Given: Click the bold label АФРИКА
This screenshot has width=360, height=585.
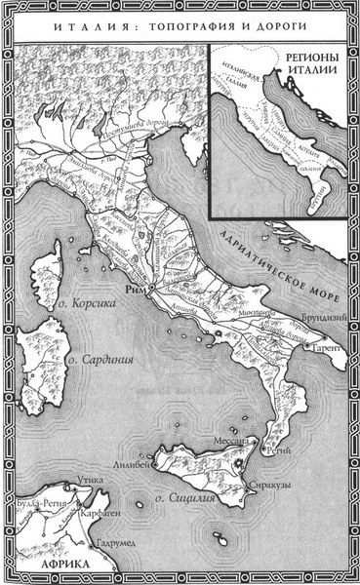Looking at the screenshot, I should click(33, 566).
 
